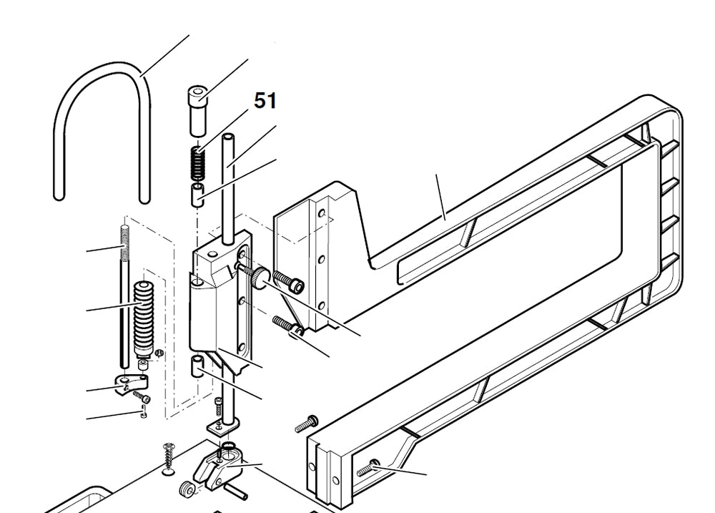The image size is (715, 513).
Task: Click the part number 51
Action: (265, 101)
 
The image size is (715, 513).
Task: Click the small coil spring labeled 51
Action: (197, 164)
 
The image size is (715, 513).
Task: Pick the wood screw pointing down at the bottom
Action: (169, 456)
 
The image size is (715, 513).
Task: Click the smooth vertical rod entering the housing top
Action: (229, 186)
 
